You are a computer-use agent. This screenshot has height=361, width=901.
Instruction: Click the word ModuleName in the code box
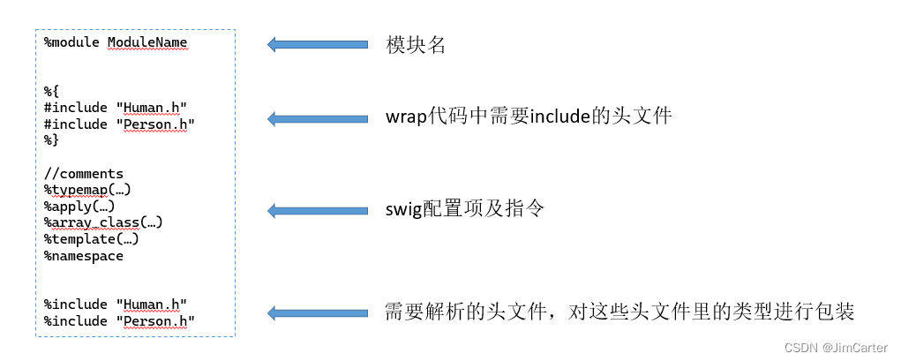147,41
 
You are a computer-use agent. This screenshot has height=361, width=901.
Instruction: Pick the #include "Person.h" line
118,124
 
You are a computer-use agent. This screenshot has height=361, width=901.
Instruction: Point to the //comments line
84,173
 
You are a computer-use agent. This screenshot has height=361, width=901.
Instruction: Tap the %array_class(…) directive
103,222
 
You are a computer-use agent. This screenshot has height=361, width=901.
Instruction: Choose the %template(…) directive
91,238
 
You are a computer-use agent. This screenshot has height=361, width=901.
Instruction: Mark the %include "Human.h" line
115,305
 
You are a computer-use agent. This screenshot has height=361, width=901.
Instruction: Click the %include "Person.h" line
118,321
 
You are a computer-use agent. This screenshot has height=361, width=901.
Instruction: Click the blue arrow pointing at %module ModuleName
318,44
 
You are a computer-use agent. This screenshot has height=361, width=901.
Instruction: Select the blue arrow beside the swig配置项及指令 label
318,210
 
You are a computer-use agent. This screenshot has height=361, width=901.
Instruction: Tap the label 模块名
416,44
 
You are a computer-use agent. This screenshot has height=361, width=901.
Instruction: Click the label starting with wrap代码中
529,116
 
